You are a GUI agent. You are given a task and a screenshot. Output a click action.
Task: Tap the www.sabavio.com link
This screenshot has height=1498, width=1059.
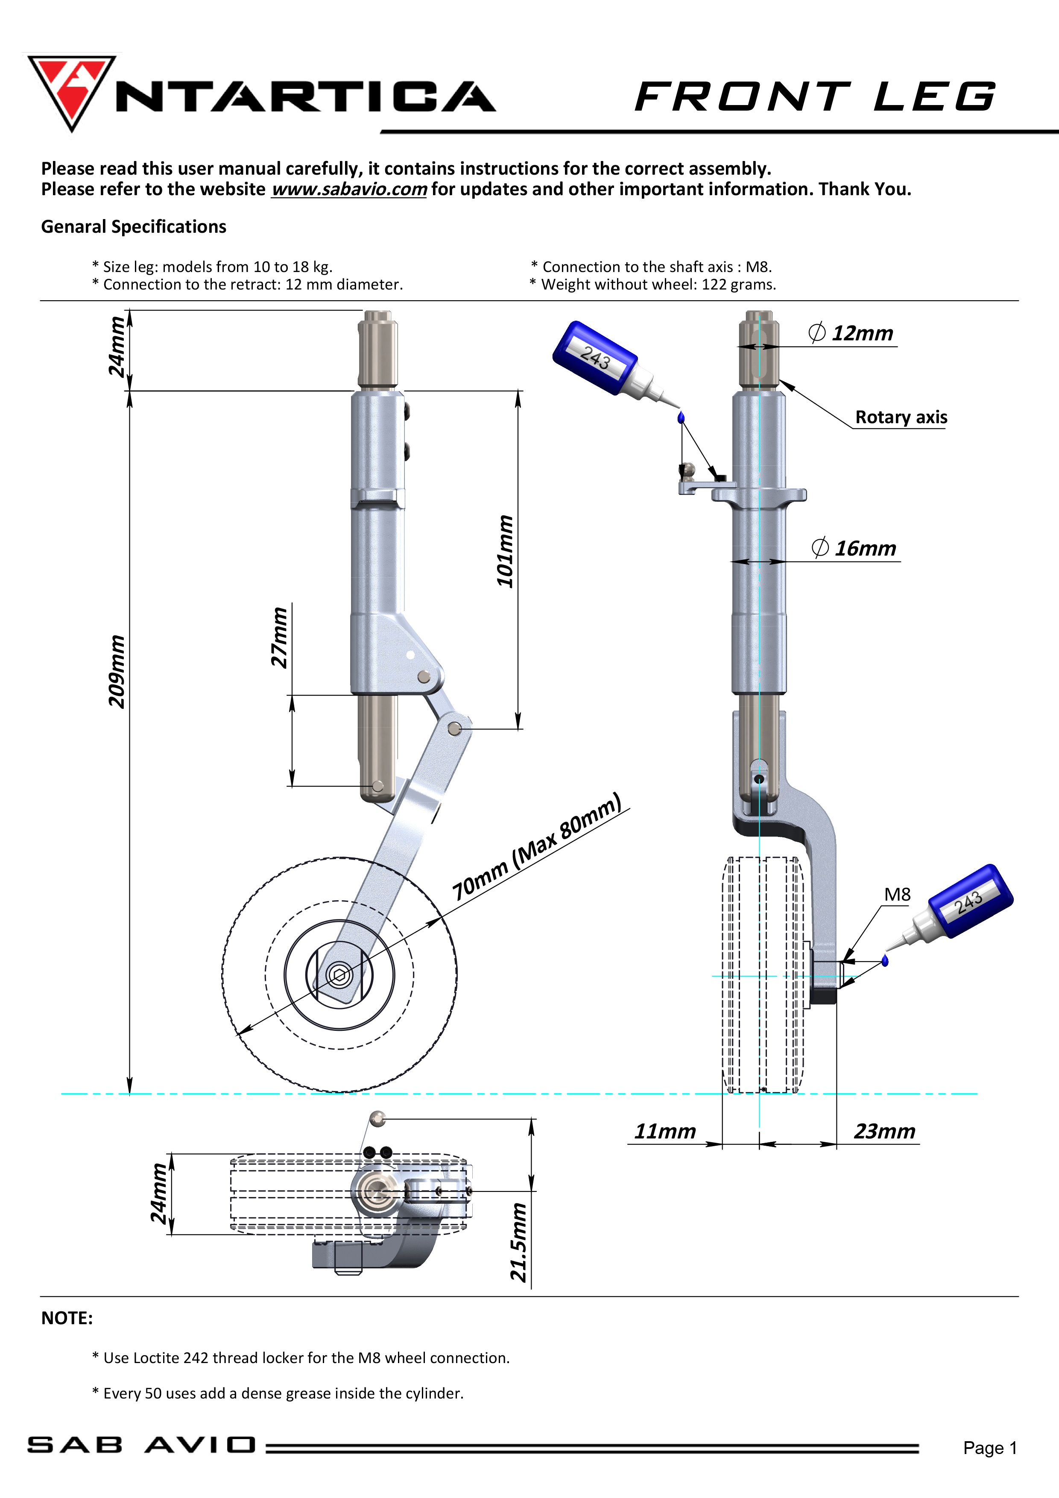[x=349, y=189]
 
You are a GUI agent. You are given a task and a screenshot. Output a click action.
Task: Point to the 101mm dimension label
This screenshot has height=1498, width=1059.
[x=506, y=551]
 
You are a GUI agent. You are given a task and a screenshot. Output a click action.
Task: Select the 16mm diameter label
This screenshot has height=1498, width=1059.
[x=854, y=548]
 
